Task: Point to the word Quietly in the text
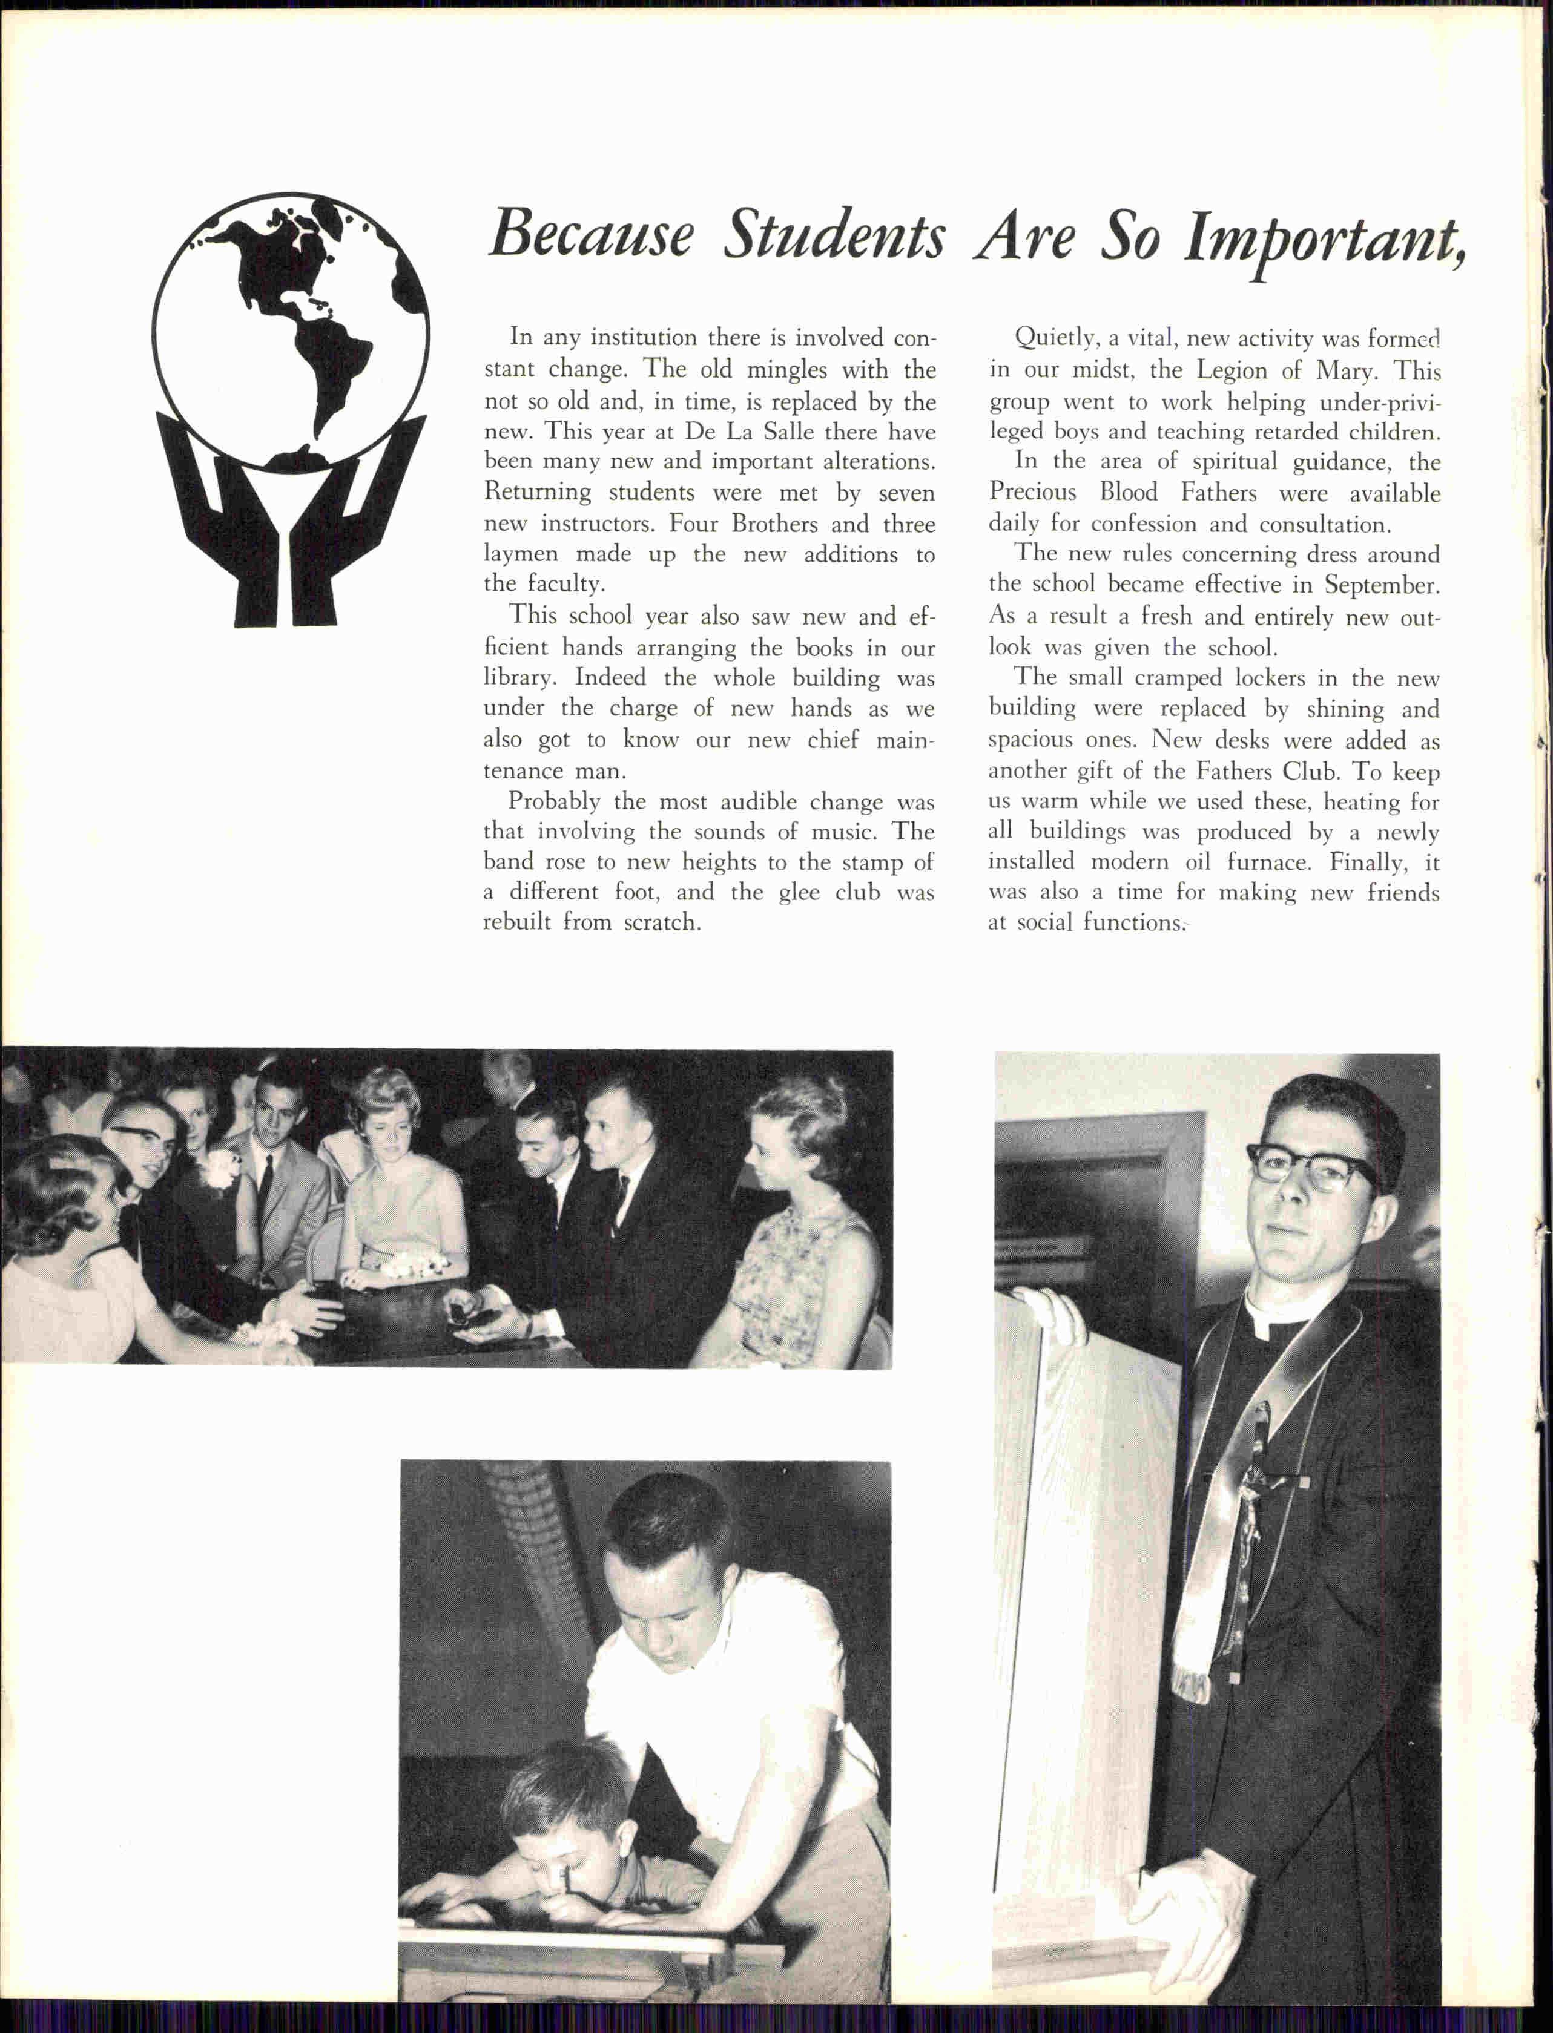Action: (x=1054, y=338)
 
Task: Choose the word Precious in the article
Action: (x=1032, y=493)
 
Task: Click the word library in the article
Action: (x=519, y=678)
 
